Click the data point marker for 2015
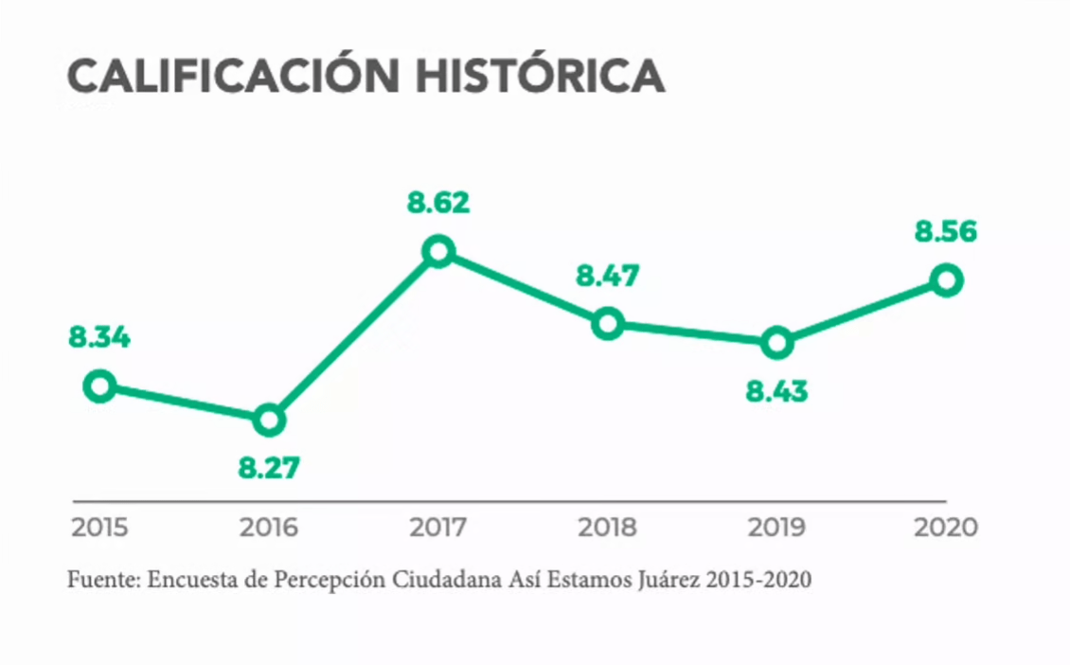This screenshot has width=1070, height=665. click(x=99, y=386)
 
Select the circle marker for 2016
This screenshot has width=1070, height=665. click(x=269, y=420)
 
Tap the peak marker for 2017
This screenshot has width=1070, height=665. click(x=438, y=251)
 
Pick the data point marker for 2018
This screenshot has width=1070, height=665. click(x=607, y=324)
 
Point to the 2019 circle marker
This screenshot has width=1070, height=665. click(x=776, y=343)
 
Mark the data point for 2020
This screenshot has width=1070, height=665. click(x=946, y=279)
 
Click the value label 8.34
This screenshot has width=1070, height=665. click(x=98, y=337)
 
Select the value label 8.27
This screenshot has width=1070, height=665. click(x=268, y=468)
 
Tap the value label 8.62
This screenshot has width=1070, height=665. click(x=438, y=203)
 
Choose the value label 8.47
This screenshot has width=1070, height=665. click(x=608, y=277)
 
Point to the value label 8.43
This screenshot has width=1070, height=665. click(x=776, y=391)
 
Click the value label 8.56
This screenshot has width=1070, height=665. click(x=945, y=232)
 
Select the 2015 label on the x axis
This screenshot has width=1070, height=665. click(x=98, y=528)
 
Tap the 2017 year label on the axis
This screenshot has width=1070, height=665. click(x=438, y=528)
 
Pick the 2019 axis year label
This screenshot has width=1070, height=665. click(x=776, y=528)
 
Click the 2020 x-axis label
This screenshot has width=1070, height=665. click(x=945, y=528)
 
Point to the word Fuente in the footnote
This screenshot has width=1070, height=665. click(x=99, y=580)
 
